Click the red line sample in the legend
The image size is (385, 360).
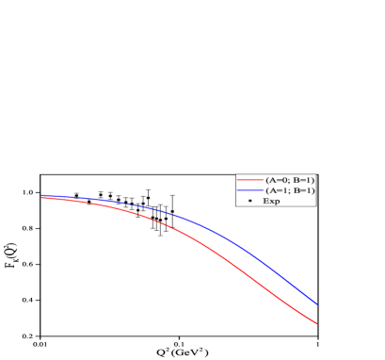pyautogui.click(x=249, y=179)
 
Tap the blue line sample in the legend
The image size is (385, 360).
pyautogui.click(x=249, y=190)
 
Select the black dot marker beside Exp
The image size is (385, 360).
pyautogui.click(x=249, y=201)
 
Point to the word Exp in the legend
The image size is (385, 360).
pyautogui.click(x=271, y=201)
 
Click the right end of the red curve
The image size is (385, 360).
pyautogui.click(x=317, y=324)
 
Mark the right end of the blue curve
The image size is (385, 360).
pyautogui.click(x=317, y=304)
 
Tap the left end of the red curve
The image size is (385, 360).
pyautogui.click(x=41, y=198)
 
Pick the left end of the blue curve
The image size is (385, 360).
pyautogui.click(x=41, y=195)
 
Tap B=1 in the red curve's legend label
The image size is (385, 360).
pyautogui.click(x=301, y=179)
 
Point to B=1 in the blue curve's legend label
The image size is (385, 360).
pyautogui.click(x=301, y=190)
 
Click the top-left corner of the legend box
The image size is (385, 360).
pyautogui.click(x=236, y=172)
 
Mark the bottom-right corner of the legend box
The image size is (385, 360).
pyautogui.click(x=316, y=206)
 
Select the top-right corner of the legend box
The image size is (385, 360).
pyautogui.click(x=316, y=172)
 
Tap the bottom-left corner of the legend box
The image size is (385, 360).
pyautogui.click(x=236, y=206)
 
